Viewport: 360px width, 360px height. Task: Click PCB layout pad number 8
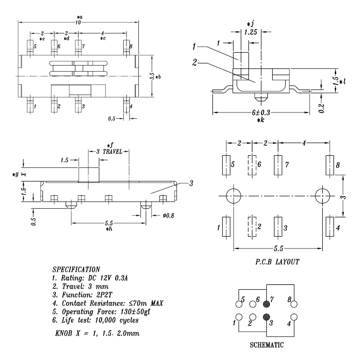(x=329, y=165)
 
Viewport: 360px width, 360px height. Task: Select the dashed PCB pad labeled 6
(x=252, y=165)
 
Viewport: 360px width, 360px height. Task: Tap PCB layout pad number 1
(x=226, y=227)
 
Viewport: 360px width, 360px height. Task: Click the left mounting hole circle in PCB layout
(x=234, y=196)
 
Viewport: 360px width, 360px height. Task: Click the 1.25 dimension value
(x=250, y=32)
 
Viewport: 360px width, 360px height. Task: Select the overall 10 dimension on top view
(x=78, y=22)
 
